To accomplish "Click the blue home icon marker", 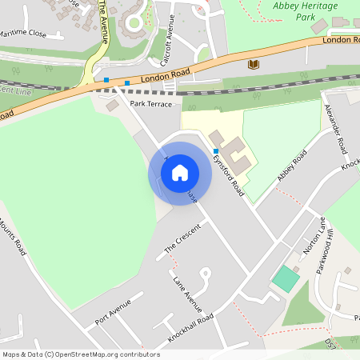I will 180,172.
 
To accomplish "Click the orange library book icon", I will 254,63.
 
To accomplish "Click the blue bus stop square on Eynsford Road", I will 215,150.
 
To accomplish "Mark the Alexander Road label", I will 340,132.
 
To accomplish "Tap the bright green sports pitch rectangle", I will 286,279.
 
